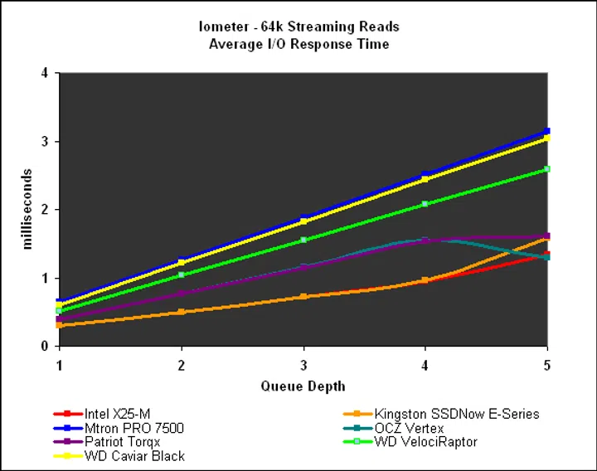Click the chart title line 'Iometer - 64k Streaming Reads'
298,27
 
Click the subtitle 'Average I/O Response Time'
298,44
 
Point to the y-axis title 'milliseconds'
27,209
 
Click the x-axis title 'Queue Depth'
303,386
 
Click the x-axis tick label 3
303,365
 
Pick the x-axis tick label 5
546,365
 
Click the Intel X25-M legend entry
117,414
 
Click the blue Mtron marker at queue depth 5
546,131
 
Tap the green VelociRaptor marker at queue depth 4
425,204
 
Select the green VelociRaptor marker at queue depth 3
303,240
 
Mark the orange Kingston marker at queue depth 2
182,312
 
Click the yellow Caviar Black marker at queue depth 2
182,263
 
